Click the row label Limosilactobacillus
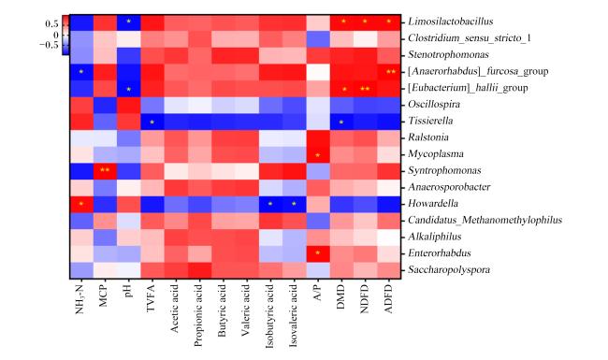coord(450,22)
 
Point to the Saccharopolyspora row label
coord(449,269)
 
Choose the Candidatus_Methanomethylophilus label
coord(485,220)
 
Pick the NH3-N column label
coord(80,299)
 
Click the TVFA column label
coord(151,297)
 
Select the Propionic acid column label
coord(198,315)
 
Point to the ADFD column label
coord(388,298)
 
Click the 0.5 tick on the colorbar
coord(51,24)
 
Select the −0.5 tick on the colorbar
coord(49,45)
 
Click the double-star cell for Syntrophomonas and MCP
coord(105,170)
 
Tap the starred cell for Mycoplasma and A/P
coord(318,154)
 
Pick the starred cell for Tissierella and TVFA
coord(152,122)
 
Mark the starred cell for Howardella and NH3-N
coord(81,204)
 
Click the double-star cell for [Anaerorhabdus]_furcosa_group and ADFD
coord(389,72)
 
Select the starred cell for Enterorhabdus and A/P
coord(318,253)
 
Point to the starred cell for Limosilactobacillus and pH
coord(129,22)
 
